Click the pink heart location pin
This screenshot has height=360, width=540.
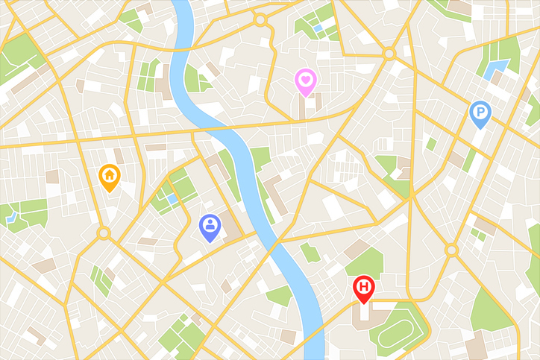pyautogui.click(x=305, y=80)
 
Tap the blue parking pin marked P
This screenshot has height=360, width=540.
pyautogui.click(x=480, y=113)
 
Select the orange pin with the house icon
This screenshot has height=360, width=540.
pyautogui.click(x=109, y=176)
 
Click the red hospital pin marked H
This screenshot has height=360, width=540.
pyautogui.click(x=364, y=287)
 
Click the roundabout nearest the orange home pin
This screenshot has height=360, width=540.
pyautogui.click(x=103, y=234)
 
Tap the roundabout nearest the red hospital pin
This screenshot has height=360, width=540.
pyautogui.click(x=450, y=250)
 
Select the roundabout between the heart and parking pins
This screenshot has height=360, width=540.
pyautogui.click(x=389, y=53)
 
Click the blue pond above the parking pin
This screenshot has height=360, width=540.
pyautogui.click(x=494, y=70)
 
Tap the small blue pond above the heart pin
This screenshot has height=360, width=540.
pyautogui.click(x=318, y=28)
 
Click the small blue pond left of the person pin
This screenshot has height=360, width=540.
pyautogui.click(x=172, y=200)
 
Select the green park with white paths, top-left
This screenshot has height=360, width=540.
pyautogui.click(x=21, y=56)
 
